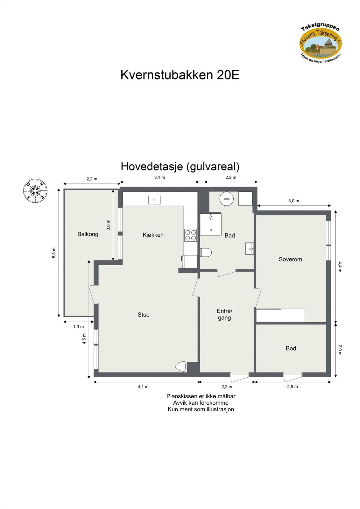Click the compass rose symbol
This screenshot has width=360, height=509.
[35, 191]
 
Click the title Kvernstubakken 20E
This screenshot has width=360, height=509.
[180, 75]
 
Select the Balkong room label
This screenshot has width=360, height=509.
[88, 234]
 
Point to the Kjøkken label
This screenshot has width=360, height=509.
[153, 235]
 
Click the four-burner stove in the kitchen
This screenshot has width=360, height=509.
[190, 235]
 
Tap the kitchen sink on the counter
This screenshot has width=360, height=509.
[154, 200]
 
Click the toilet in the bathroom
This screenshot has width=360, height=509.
[206, 252]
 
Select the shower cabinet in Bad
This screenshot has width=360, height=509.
[210, 224]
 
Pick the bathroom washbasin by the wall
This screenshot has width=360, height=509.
[250, 248]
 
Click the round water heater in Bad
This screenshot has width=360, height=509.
[226, 199]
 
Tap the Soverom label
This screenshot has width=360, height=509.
[290, 259]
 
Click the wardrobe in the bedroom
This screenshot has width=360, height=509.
[280, 315]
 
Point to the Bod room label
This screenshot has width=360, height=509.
[291, 348]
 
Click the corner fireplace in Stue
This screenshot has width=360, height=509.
[181, 366]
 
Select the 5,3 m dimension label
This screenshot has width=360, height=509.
[54, 253]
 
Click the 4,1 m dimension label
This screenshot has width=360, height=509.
[143, 387]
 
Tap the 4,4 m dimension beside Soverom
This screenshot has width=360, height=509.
[340, 267]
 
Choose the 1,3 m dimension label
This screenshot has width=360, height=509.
[78, 327]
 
